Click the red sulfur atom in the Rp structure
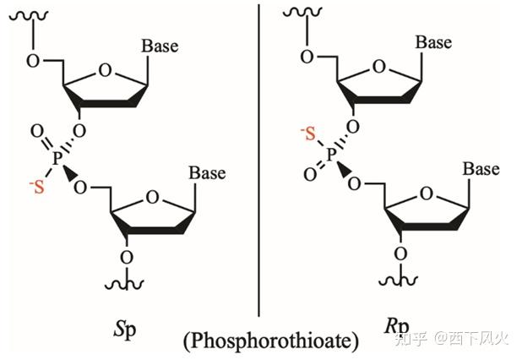pos(312,133)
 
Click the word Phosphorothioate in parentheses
pos(270,341)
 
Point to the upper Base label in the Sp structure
pos(160,46)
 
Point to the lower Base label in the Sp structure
pos(207,173)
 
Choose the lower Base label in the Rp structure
pos(481,169)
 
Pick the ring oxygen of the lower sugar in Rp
pos(426,194)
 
